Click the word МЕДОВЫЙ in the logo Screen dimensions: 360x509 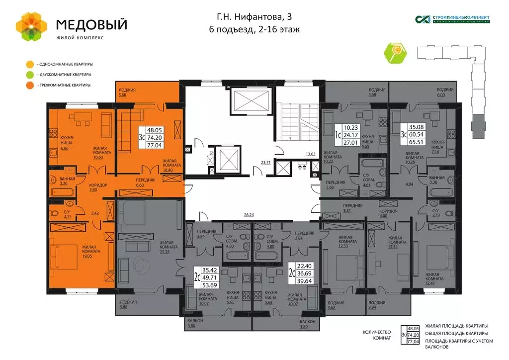tap(91, 24)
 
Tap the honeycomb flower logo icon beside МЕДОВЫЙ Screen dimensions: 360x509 tap(31, 26)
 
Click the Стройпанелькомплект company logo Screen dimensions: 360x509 tap(453, 19)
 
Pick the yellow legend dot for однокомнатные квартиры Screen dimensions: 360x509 tap(30, 64)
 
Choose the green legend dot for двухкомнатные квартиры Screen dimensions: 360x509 tap(30, 75)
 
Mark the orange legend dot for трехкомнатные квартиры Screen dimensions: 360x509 tap(30, 85)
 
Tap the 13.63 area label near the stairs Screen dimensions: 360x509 tap(310, 154)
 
